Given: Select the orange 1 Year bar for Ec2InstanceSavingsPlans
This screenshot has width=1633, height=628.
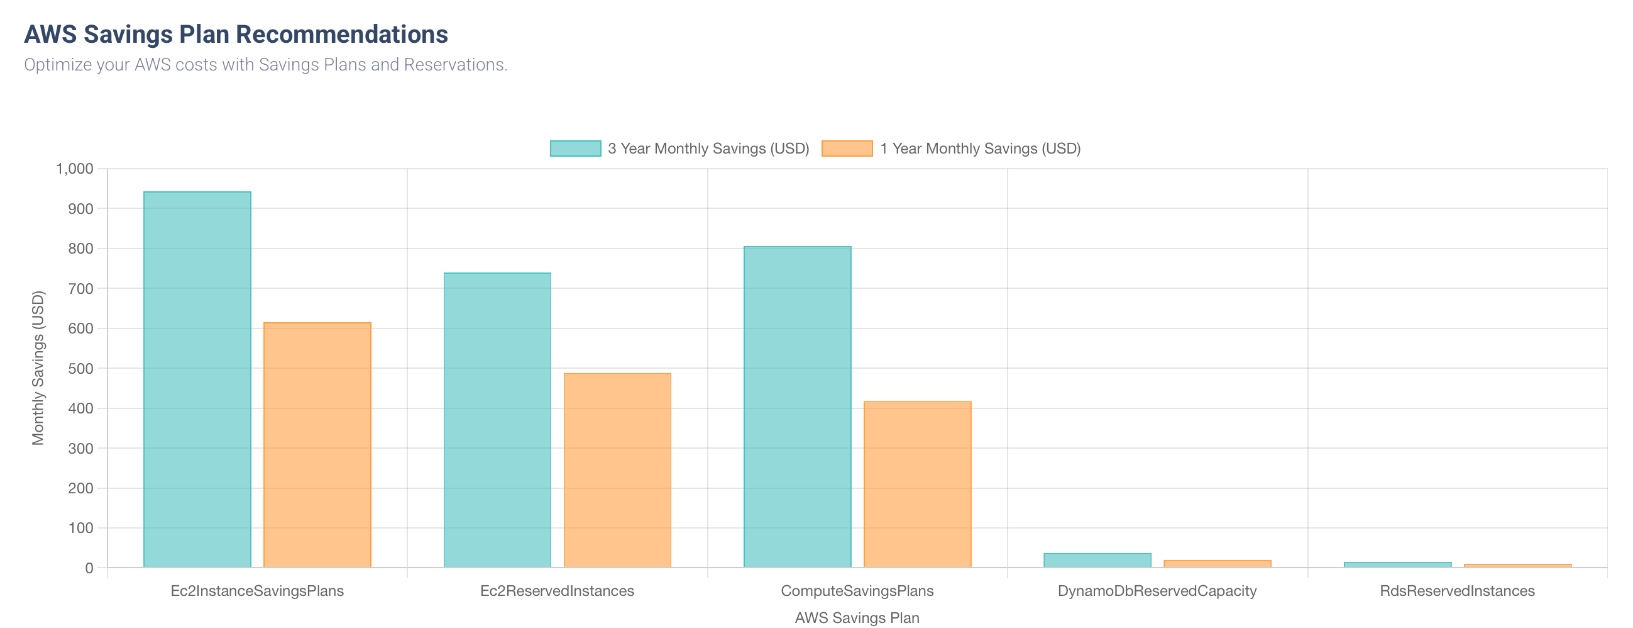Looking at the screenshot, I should tap(317, 445).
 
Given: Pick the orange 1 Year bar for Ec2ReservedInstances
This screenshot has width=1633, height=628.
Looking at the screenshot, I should tap(617, 470).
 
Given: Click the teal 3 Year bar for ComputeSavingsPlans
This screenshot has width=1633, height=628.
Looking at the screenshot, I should tap(797, 407).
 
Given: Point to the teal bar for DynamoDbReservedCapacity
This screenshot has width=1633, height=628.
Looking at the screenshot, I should tap(1097, 560).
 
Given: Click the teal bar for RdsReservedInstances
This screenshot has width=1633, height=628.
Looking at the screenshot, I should tap(1397, 564).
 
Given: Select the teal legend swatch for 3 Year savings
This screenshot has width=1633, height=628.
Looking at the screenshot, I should tap(575, 149).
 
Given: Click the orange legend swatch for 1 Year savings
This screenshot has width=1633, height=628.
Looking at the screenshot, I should tap(846, 149).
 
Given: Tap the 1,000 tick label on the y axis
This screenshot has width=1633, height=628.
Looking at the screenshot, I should tap(75, 169).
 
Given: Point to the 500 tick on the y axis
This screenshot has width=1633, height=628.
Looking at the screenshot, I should tap(80, 369).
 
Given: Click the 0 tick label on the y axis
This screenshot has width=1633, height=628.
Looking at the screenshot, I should tap(89, 568).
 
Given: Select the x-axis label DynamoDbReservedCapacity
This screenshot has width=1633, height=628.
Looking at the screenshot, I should tap(1157, 592).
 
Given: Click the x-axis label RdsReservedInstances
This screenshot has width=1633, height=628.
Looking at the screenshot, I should tap(1457, 592).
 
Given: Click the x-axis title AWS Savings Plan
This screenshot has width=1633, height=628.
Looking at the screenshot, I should tap(857, 618).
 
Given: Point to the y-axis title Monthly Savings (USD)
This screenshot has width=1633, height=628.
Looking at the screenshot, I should tap(38, 368).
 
